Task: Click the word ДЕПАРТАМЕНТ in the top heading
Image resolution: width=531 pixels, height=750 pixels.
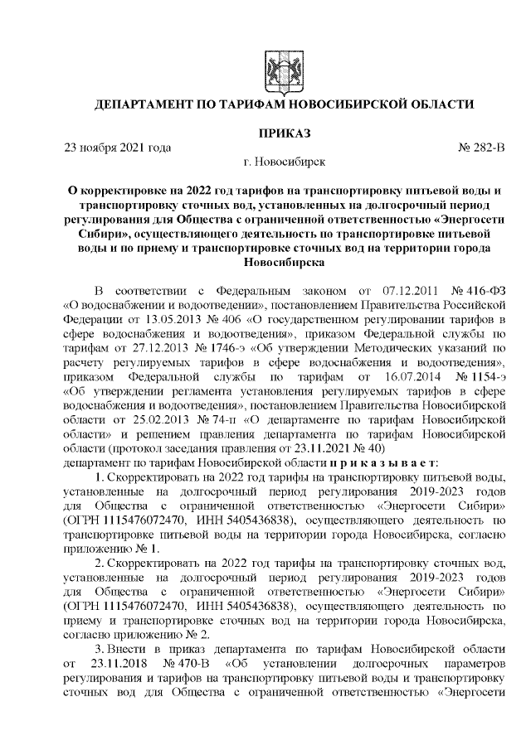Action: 148,105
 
